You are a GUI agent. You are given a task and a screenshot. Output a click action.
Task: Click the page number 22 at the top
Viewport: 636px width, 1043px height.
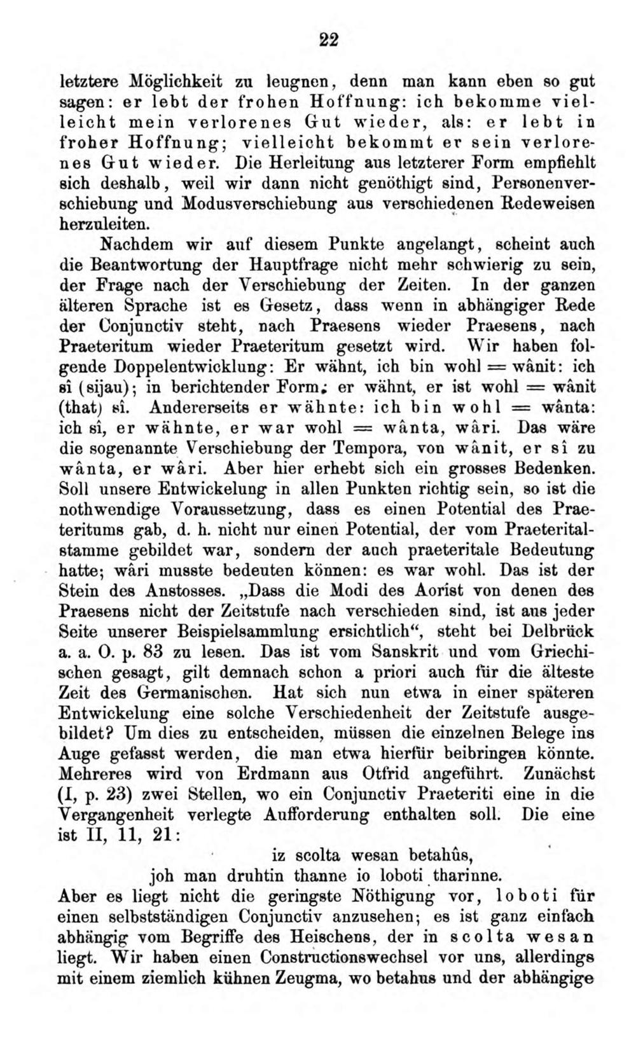point(328,40)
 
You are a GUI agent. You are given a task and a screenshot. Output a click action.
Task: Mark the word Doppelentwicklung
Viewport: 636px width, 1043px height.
point(193,367)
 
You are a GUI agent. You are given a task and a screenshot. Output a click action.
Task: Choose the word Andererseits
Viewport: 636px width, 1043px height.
point(186,408)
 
